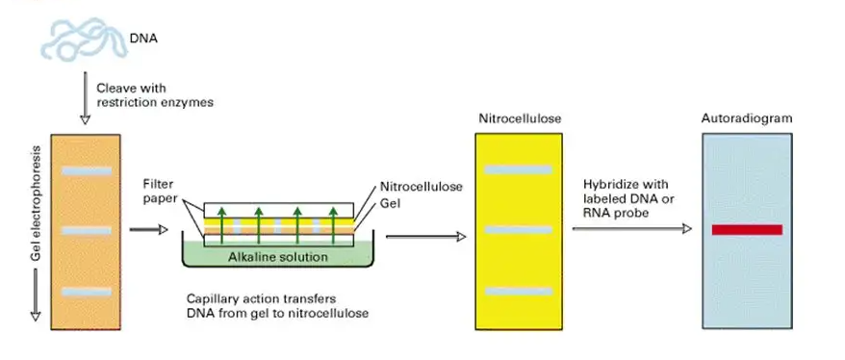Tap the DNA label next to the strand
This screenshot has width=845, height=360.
point(144,39)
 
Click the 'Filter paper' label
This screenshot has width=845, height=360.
point(159,191)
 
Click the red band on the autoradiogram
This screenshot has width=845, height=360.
point(747,229)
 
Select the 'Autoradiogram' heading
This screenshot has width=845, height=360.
point(747,118)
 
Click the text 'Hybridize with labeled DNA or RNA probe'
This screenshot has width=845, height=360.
point(627,197)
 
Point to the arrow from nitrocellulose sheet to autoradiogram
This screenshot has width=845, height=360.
point(631,229)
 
